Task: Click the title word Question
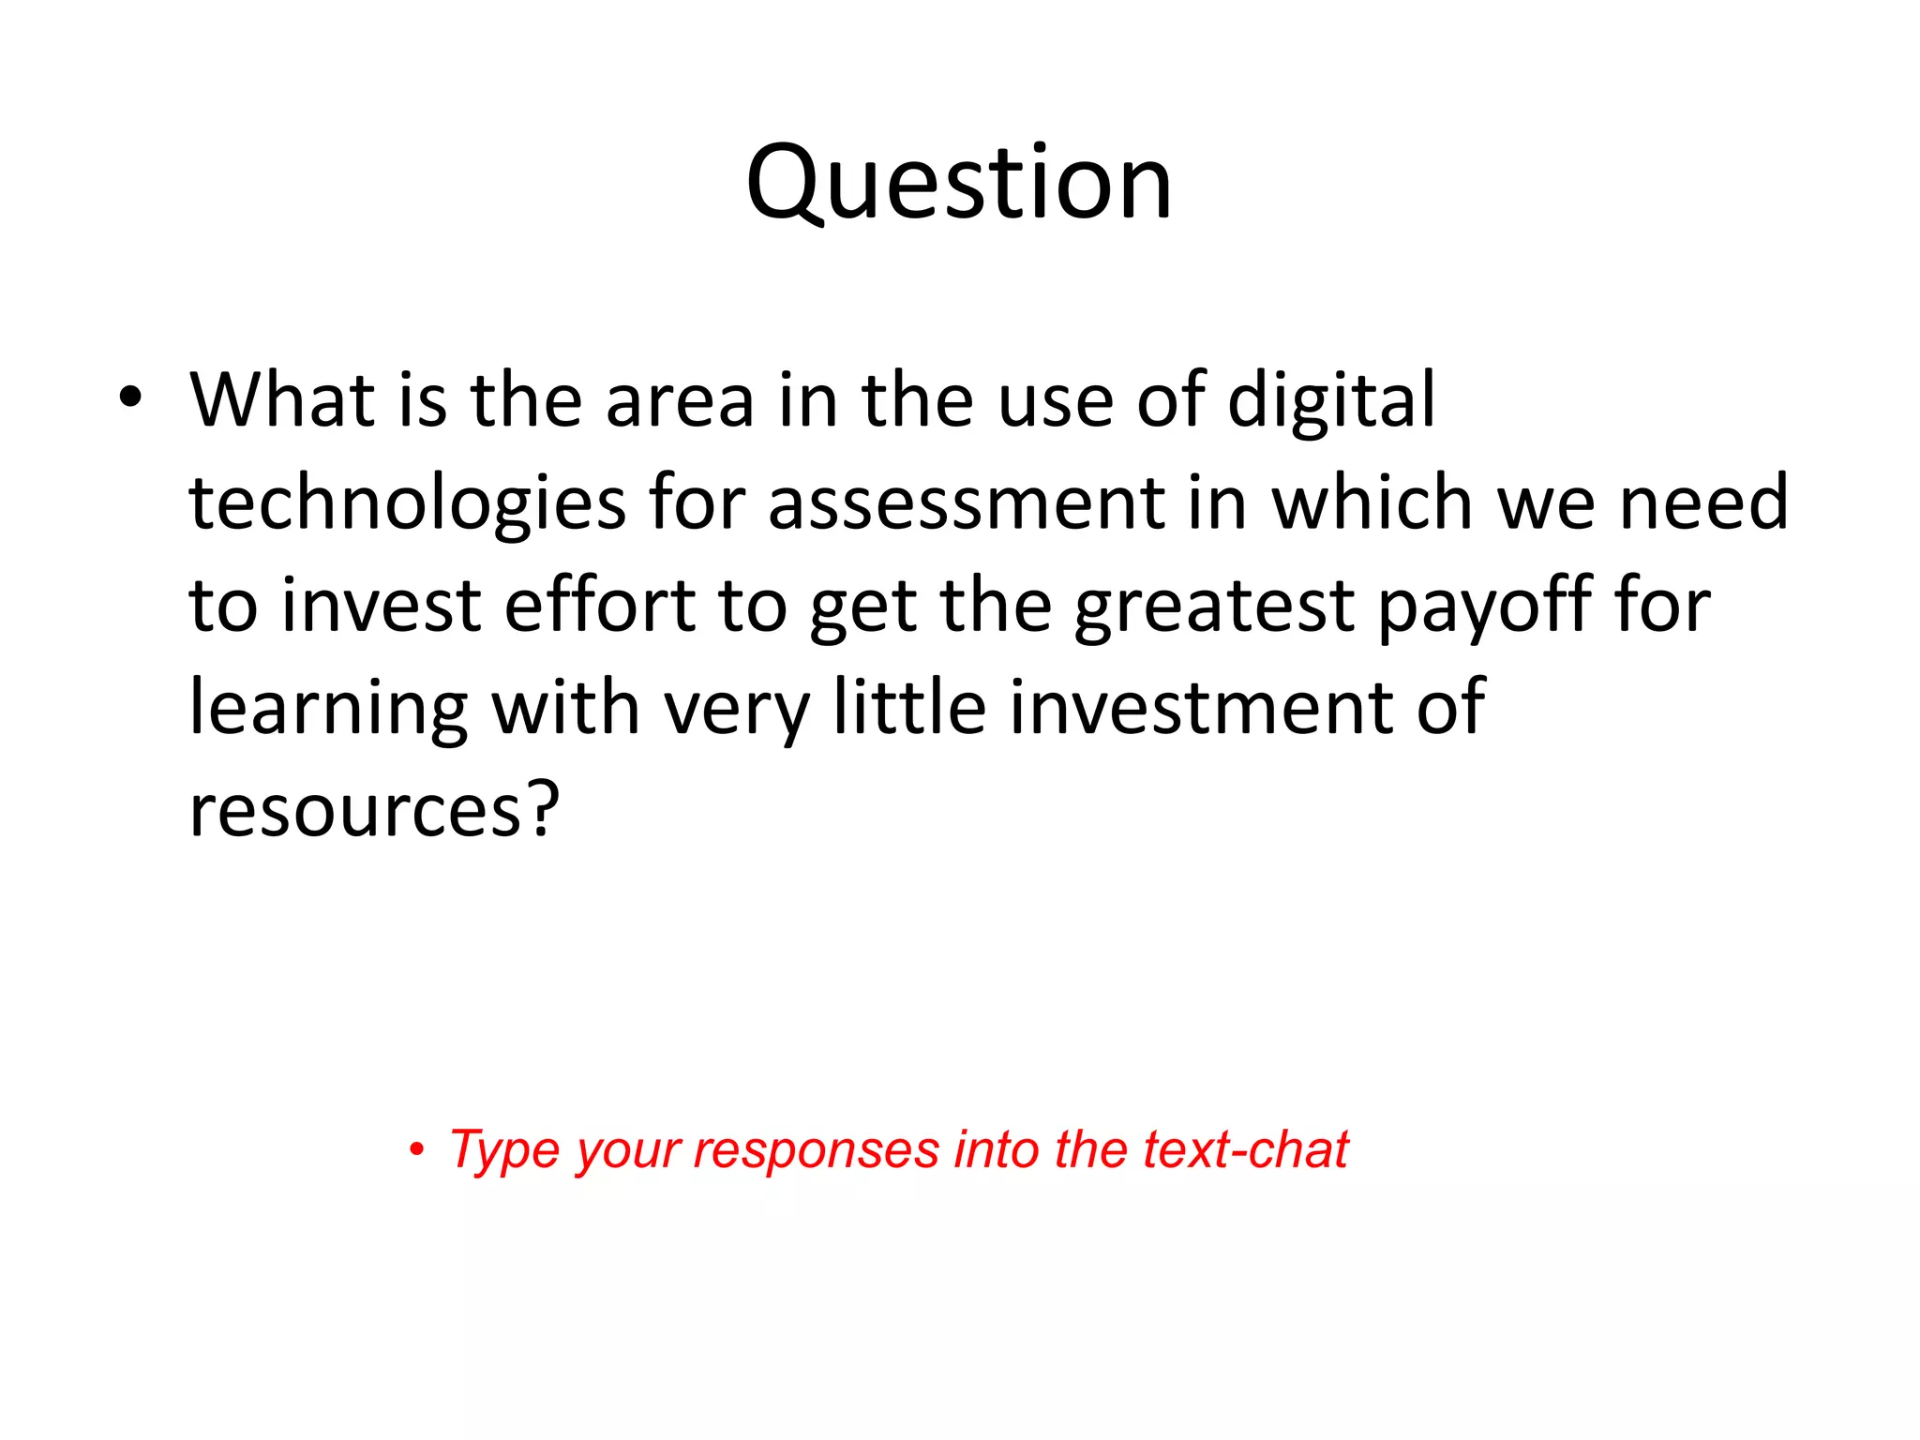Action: pos(959,183)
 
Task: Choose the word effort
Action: pos(599,606)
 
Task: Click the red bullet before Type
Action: pos(416,1150)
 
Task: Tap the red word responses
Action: pos(816,1152)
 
